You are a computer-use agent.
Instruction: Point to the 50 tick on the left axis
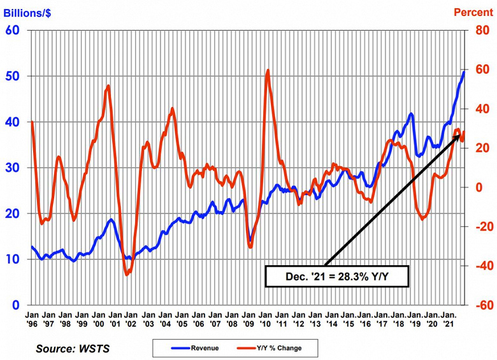13,76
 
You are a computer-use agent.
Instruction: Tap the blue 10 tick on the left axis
13,259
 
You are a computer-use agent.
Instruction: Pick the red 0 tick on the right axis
478,187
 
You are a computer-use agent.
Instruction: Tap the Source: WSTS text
72,349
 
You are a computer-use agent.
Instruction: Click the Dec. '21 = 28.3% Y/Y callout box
336,277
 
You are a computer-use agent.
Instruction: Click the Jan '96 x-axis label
31,319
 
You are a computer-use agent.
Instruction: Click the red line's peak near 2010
268,70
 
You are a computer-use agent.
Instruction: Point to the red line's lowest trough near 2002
127,275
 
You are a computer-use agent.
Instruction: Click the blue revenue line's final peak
464,72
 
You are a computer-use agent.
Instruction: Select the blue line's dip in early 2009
250,242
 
